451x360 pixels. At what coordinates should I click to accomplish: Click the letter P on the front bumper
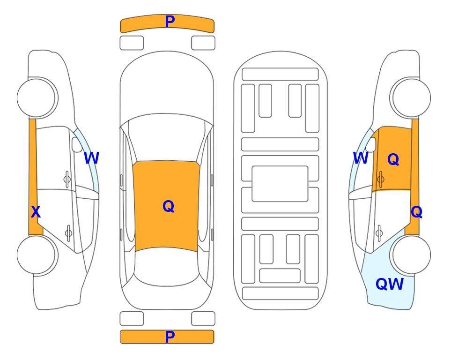pyautogui.click(x=170, y=22)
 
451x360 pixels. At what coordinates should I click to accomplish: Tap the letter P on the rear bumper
pyautogui.click(x=170, y=337)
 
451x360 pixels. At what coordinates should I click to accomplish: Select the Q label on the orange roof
pyautogui.click(x=169, y=206)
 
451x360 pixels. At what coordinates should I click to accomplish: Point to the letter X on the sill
pyautogui.click(x=36, y=212)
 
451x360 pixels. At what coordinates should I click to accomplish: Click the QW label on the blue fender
pyautogui.click(x=390, y=284)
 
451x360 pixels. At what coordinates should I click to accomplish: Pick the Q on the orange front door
pyautogui.click(x=393, y=159)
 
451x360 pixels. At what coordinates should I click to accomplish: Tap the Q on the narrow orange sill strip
pyautogui.click(x=416, y=212)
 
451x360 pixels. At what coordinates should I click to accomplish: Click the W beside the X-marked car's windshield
pyautogui.click(x=91, y=158)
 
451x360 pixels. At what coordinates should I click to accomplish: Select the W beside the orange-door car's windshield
pyautogui.click(x=361, y=158)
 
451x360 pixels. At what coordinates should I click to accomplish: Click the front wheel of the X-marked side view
pyautogui.click(x=37, y=97)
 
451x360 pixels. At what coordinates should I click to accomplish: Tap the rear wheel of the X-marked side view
pyautogui.click(x=37, y=255)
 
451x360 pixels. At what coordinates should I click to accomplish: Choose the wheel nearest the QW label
pyautogui.click(x=410, y=255)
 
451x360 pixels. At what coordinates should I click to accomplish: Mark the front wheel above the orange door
pyautogui.click(x=410, y=97)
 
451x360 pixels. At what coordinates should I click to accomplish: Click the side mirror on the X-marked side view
pyautogui.click(x=77, y=144)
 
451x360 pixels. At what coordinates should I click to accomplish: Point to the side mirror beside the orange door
pyautogui.click(x=371, y=144)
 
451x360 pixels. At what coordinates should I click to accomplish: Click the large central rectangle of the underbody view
pyautogui.click(x=280, y=184)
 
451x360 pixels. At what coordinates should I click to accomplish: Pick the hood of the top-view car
pyautogui.click(x=167, y=86)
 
